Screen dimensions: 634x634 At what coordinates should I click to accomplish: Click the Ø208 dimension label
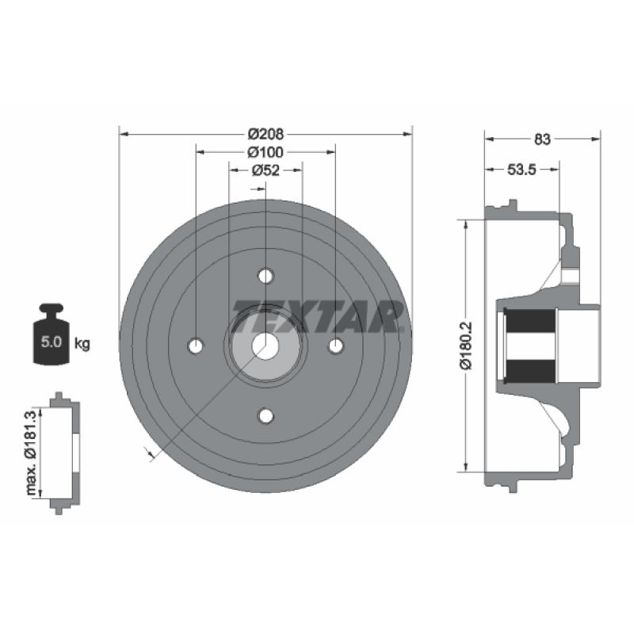pyautogui.click(x=265, y=133)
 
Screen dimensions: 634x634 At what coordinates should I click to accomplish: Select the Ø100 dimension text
pyautogui.click(x=265, y=152)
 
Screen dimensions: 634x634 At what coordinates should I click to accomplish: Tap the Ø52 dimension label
pyautogui.click(x=265, y=170)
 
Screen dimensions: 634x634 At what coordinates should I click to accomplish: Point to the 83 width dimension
pyautogui.click(x=542, y=139)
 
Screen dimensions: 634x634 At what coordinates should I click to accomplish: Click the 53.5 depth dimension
pyautogui.click(x=521, y=170)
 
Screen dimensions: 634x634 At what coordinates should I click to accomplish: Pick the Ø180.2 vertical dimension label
pyautogui.click(x=466, y=346)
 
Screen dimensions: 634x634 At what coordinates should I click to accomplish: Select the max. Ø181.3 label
pyautogui.click(x=31, y=453)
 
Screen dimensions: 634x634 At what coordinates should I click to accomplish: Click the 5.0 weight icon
pyautogui.click(x=52, y=334)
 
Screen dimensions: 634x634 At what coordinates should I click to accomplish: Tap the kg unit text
pyautogui.click(x=82, y=344)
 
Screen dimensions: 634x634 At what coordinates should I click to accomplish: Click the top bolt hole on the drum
pyautogui.click(x=265, y=276)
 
